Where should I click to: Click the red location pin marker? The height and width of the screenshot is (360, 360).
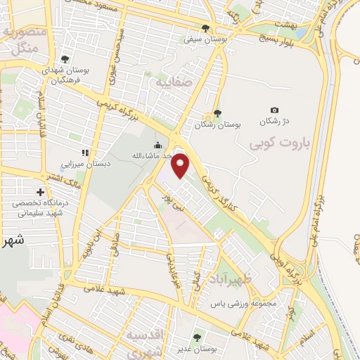pos(181,165)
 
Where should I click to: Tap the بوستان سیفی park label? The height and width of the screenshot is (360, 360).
pos(205,40)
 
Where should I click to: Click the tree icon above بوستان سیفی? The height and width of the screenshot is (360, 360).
pos(205,29)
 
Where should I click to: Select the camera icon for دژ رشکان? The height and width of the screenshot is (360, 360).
pos(274,110)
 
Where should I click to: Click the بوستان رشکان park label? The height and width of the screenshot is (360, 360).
pos(218,124)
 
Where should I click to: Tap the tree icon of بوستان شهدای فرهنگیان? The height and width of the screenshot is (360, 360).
pos(65,60)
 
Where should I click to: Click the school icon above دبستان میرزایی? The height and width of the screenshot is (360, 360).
pos(85,152)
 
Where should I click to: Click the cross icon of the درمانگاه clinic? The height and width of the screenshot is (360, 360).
pos(40,192)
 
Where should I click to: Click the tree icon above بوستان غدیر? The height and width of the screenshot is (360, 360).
pos(197,338)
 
